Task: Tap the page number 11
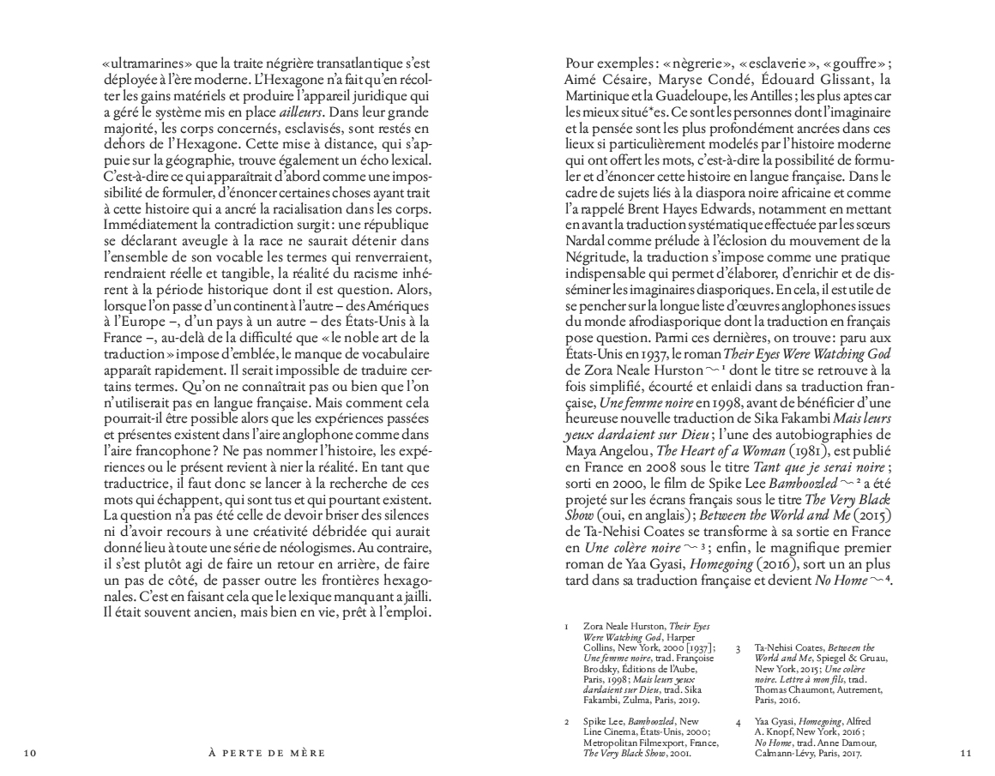(966, 754)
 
